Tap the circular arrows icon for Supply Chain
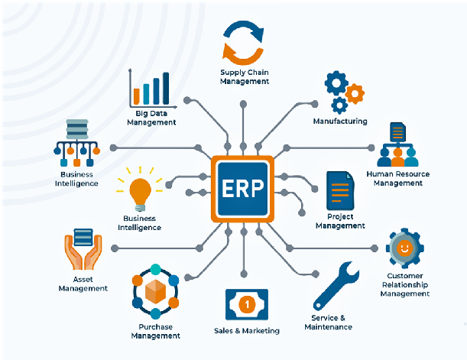pyautogui.click(x=242, y=43)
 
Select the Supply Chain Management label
pyautogui.click(x=245, y=77)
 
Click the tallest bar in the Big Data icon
pyautogui.click(x=166, y=88)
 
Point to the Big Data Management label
pyautogui.click(x=151, y=118)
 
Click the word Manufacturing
pyautogui.click(x=340, y=121)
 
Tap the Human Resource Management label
pyautogui.click(x=397, y=178)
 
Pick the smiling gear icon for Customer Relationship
pyautogui.click(x=404, y=248)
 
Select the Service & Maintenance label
pyautogui.click(x=328, y=322)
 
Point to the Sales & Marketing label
pyautogui.click(x=246, y=331)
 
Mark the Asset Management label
pyautogui.click(x=83, y=284)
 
